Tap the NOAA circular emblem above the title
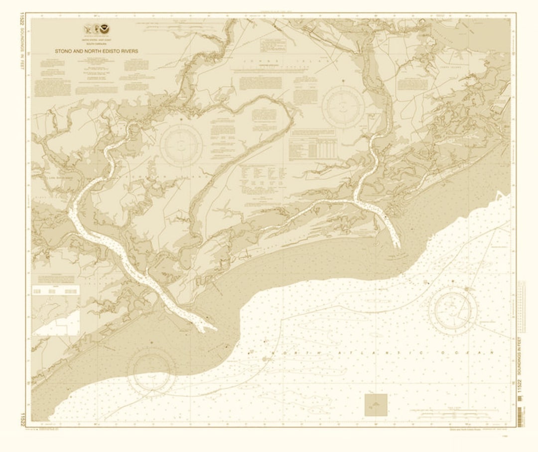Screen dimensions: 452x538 104,29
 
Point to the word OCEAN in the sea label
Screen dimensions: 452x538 470,353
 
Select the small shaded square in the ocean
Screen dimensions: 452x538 376,405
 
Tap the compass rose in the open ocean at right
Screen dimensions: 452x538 453,311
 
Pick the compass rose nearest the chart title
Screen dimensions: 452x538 181,145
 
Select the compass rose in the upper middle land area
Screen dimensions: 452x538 343,106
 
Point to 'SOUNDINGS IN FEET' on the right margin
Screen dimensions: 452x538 520,355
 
